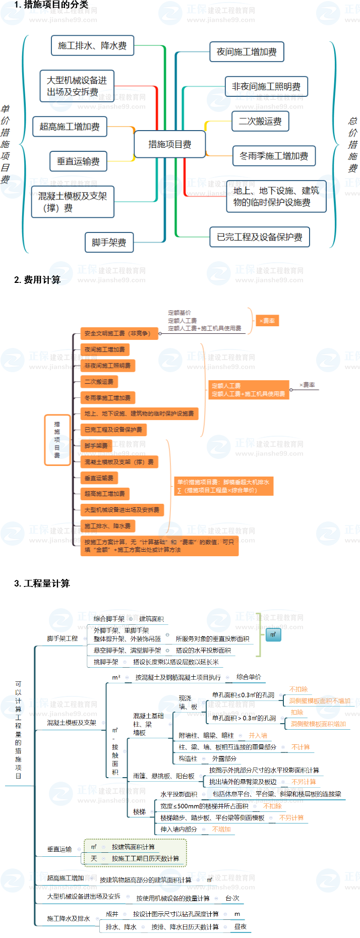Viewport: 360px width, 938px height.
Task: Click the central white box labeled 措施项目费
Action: [169, 145]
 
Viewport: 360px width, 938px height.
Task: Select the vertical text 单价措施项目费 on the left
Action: [6, 144]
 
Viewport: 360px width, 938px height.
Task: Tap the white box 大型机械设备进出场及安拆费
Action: [77, 86]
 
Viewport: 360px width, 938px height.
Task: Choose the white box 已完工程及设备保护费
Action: [259, 237]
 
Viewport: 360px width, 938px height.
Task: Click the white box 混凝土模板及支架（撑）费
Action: [73, 202]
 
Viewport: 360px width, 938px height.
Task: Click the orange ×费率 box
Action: [267, 321]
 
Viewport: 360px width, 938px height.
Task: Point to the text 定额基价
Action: [179, 313]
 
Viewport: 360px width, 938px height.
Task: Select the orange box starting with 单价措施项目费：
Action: [223, 486]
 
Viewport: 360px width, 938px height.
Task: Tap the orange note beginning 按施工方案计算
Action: [159, 546]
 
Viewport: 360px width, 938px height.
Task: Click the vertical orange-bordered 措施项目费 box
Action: [57, 440]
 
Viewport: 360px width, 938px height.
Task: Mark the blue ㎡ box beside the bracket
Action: [273, 635]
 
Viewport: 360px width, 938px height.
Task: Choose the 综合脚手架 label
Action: [109, 619]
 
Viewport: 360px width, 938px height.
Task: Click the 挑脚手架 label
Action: [106, 662]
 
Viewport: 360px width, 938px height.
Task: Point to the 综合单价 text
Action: [249, 677]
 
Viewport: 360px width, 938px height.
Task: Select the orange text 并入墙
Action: [258, 736]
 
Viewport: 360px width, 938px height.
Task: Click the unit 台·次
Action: [232, 898]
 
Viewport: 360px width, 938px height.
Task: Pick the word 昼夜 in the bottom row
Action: [240, 927]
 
